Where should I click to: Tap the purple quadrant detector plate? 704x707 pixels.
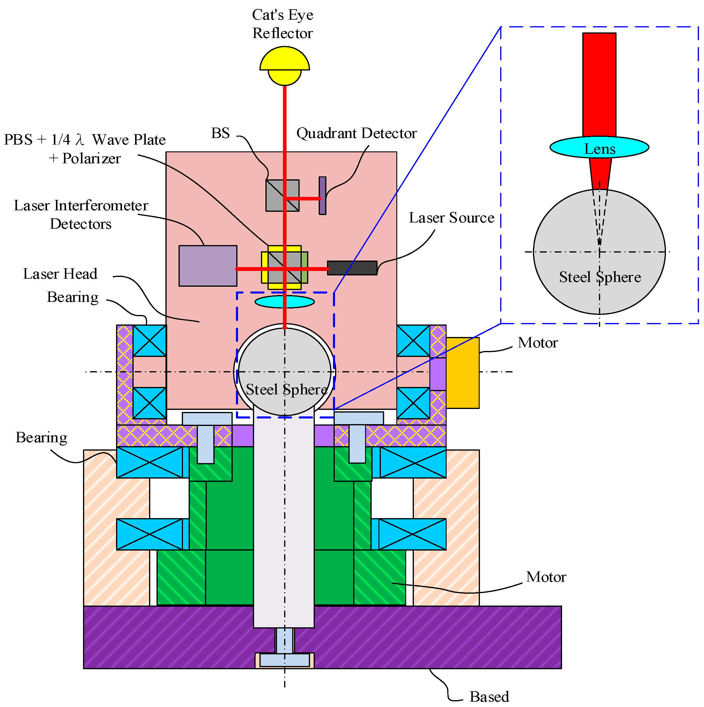tap(322, 195)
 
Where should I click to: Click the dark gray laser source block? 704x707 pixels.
tap(352, 267)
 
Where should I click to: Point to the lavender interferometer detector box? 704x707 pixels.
tap(208, 266)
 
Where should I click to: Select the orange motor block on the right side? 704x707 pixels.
tap(462, 372)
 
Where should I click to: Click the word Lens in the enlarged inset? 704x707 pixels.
tap(599, 149)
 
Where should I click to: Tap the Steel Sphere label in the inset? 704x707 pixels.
tap(600, 277)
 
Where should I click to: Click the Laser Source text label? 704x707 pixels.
tap(451, 217)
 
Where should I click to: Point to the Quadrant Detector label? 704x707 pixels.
tap(356, 133)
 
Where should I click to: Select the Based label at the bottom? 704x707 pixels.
tap(489, 696)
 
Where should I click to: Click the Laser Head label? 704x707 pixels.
tap(60, 273)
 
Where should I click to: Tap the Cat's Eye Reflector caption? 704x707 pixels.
tap(282, 24)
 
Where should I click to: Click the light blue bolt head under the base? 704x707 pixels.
tap(284, 660)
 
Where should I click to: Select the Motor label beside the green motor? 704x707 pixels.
tap(545, 577)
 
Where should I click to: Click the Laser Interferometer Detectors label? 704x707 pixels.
tap(81, 214)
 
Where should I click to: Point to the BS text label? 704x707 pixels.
tap(220, 133)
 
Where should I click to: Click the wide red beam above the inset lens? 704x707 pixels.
tap(599, 84)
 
